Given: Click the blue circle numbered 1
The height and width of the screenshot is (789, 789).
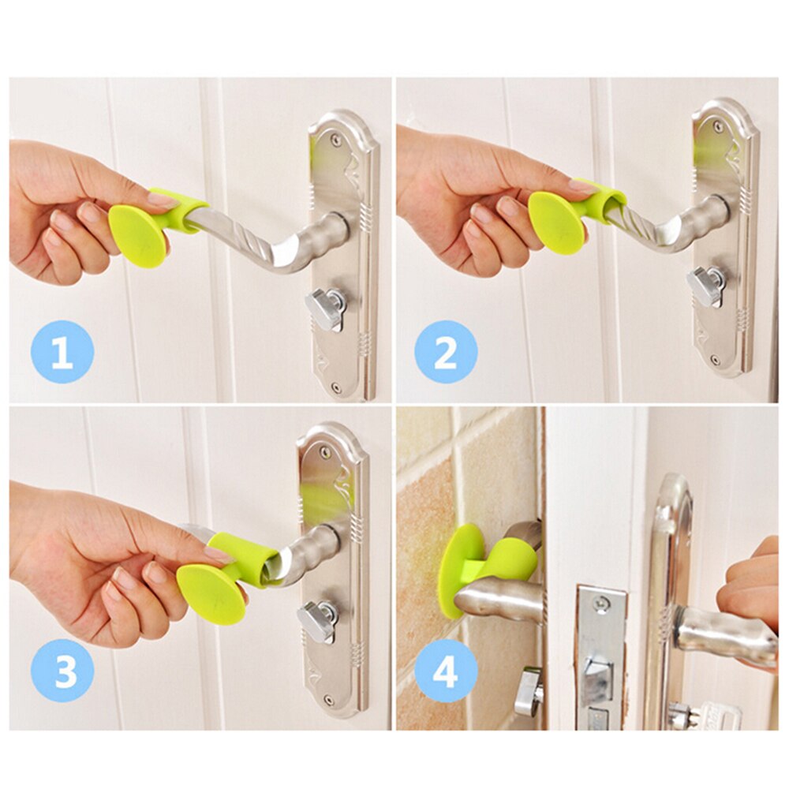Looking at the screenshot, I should (x=62, y=351).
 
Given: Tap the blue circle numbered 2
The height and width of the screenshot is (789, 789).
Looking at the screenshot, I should (x=446, y=351).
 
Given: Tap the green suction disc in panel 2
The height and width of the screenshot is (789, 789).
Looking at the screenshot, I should (x=556, y=223).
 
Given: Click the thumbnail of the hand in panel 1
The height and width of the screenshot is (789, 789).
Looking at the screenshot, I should (x=163, y=200).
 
